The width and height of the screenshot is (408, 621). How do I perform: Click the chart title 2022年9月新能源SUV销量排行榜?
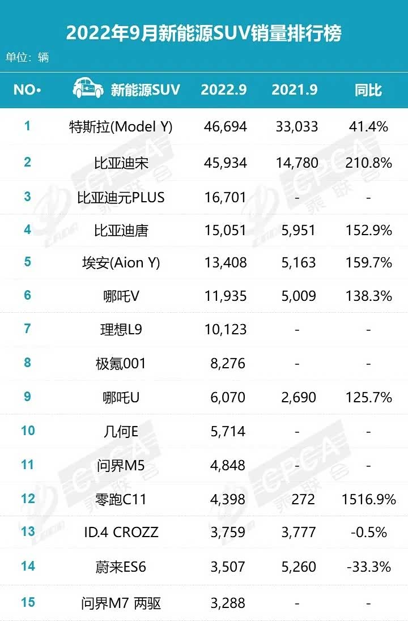pos(204,33)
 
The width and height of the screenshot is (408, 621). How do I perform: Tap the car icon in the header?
pos(88,89)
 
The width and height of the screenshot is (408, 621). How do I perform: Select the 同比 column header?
pos(368,90)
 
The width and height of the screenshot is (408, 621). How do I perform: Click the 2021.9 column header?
pos(294,90)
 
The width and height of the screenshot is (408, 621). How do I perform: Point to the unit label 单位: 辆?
pos(27,58)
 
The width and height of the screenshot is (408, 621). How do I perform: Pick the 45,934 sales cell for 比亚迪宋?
pos(225,163)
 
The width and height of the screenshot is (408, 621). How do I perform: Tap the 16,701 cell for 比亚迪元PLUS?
pos(225,197)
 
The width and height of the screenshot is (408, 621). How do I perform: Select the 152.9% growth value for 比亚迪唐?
pos(368,231)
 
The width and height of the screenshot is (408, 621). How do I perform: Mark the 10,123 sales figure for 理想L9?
pos(225,329)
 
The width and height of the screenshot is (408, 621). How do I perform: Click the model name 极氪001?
pos(121,363)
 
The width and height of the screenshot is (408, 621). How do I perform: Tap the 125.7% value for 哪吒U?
pos(368,397)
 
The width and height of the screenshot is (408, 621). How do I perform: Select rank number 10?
pos(28,431)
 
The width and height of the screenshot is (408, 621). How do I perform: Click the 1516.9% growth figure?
pos(368,499)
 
